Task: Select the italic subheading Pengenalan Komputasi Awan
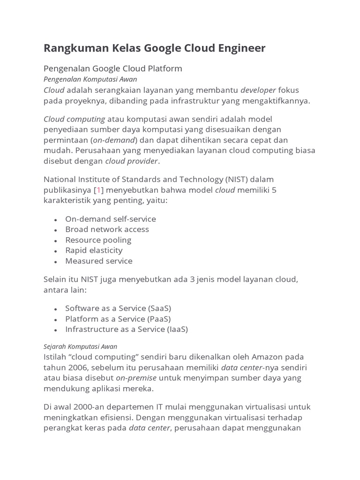tap(90, 79)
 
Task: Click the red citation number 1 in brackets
tap(99, 190)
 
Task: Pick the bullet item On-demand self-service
tap(110, 219)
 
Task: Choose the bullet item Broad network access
tap(107, 229)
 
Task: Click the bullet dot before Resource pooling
tap(56, 240)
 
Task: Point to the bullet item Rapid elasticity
tap(94, 250)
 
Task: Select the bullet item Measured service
tap(98, 261)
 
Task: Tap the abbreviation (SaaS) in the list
tap(159, 308)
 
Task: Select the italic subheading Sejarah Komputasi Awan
tap(80, 346)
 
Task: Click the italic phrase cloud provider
tap(131, 161)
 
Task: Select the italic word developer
tap(258, 90)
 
